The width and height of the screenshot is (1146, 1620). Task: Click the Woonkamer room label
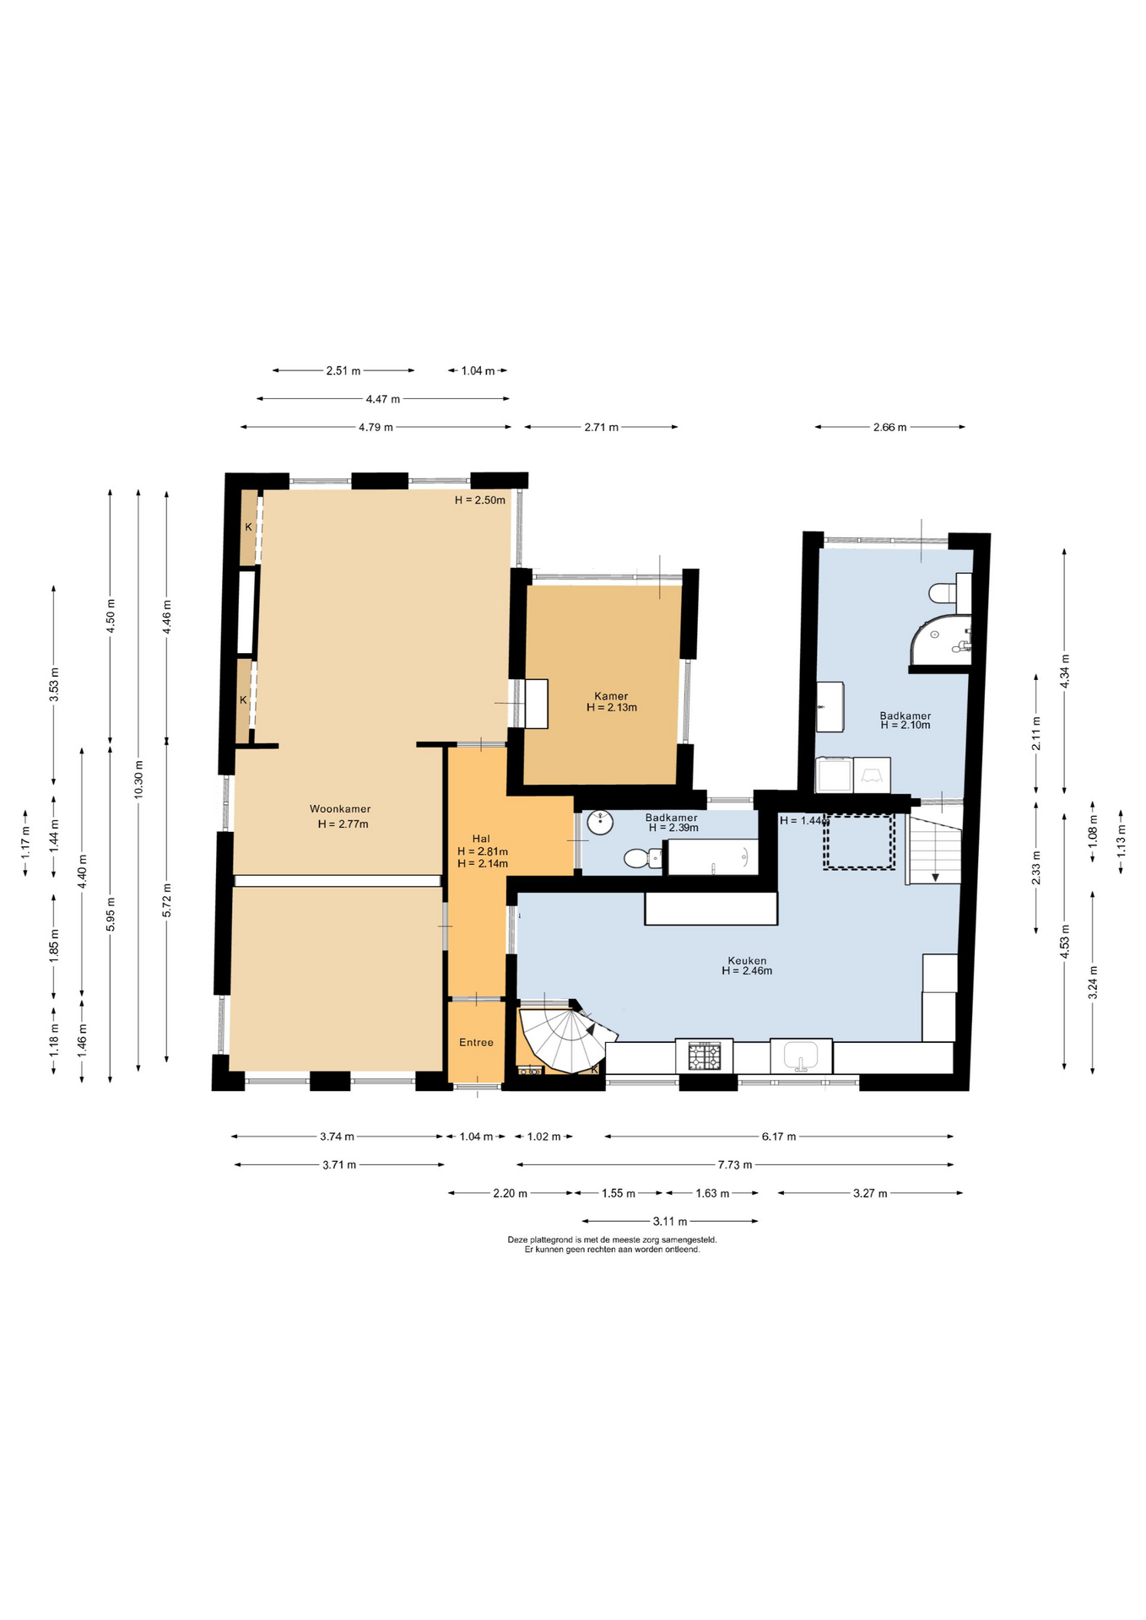tap(340, 809)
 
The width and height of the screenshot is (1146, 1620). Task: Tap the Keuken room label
tap(747, 960)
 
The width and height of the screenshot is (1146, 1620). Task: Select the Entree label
tap(476, 1043)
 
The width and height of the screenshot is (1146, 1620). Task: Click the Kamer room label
tap(611, 696)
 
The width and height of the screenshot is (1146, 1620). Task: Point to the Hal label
tap(481, 839)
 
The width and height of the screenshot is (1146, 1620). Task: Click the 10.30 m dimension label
tap(138, 780)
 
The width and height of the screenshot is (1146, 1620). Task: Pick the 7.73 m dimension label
tap(734, 1164)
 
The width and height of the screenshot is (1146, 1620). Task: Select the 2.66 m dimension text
tap(889, 427)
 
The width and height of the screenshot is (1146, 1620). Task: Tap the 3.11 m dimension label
tap(670, 1221)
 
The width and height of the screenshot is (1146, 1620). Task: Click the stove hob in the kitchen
tap(704, 1056)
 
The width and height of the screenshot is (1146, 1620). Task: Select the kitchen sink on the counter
tap(801, 1056)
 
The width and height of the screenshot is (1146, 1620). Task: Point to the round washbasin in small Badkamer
tap(600, 822)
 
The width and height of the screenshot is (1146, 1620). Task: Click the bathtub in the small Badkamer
tap(711, 857)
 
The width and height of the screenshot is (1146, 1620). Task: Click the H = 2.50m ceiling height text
tap(480, 499)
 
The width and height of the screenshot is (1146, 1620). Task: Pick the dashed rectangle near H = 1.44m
tap(859, 842)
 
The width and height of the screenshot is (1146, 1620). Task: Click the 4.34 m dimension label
tap(1064, 672)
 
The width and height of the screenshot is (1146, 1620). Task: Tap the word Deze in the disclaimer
tap(516, 1240)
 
